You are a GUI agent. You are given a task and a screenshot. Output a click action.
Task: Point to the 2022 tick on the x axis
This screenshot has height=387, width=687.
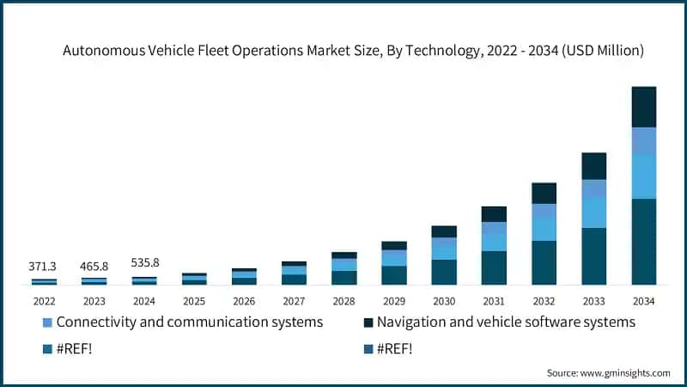point(44,301)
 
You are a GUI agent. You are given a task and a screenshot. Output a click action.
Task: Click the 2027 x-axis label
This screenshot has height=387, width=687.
point(294,301)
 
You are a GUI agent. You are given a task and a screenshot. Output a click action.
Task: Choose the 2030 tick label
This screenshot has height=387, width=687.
point(444,301)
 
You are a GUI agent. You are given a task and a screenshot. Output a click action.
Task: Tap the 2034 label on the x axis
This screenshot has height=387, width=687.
point(644,301)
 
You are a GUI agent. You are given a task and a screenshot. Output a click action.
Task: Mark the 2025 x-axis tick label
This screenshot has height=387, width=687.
point(194,301)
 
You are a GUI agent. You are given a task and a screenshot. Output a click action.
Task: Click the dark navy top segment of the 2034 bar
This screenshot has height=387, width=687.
point(644,107)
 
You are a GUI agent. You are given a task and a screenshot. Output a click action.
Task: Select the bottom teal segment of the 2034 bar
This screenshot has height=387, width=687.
point(644,241)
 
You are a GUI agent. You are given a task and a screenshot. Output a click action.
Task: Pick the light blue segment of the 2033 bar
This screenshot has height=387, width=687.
point(594,212)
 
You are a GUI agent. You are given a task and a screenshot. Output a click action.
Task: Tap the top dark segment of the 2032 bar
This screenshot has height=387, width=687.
point(544,193)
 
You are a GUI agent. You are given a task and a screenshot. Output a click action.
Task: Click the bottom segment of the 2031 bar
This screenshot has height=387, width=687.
point(494,267)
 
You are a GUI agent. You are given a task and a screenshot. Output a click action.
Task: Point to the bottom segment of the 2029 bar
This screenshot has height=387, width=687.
point(394,275)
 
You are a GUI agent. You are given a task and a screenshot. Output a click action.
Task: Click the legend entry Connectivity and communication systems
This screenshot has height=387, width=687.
point(189,322)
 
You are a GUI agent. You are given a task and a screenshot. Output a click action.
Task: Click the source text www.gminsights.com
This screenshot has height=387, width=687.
point(625,372)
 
